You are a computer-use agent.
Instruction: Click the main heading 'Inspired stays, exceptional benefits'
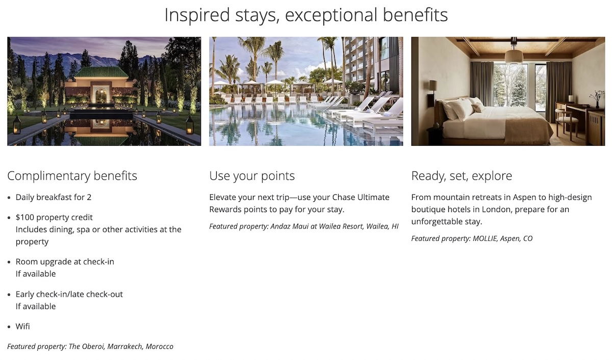pos(306,15)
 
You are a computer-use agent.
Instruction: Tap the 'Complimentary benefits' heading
pos(72,176)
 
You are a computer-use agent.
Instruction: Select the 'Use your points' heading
pos(252,176)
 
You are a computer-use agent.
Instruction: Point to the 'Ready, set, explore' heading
pos(462,176)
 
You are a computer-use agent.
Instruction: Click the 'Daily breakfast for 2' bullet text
pos(54,197)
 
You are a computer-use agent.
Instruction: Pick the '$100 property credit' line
pos(54,217)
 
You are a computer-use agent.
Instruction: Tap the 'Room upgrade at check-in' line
pos(65,262)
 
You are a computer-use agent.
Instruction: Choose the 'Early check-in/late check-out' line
pos(69,294)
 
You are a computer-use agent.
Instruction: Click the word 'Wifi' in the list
pos(22,326)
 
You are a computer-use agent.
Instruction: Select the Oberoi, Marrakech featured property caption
pos(90,347)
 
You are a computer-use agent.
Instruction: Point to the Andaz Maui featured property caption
pos(304,226)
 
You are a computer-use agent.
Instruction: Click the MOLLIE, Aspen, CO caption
pos(472,239)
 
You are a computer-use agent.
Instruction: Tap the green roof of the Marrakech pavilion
pos(101,72)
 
